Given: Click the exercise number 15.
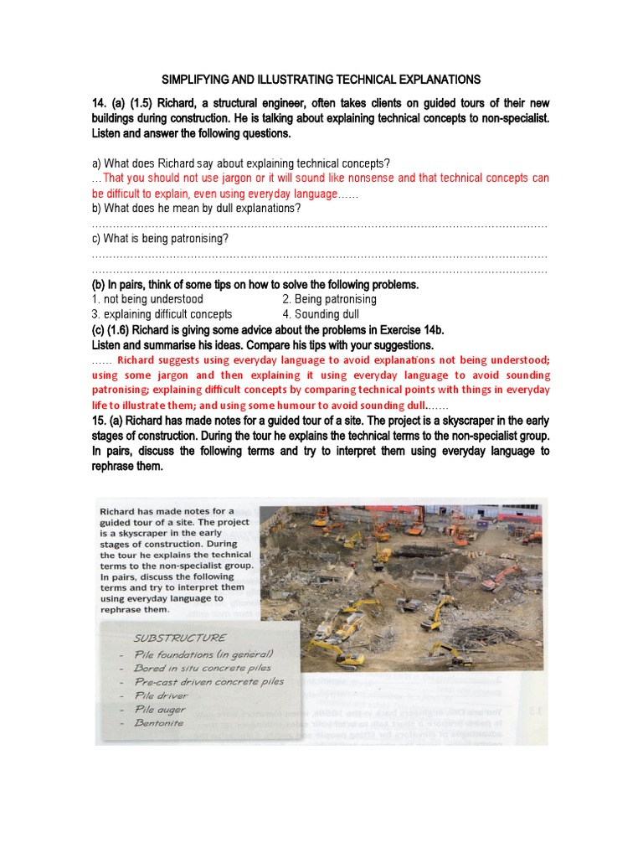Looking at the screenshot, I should pos(100,421).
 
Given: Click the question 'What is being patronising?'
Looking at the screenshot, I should pos(160,239).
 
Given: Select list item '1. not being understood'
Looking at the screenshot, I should pos(147,299).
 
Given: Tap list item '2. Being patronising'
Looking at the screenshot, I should pos(329,299).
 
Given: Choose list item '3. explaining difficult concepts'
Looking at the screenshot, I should pos(162,314).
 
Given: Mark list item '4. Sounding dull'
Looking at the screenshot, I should pos(321,314).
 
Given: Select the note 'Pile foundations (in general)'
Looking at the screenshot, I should pos(203,654).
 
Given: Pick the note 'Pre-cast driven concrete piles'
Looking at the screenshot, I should pos(208,681).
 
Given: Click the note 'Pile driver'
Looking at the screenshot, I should pos(161,695).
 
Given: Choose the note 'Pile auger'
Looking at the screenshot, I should pos(160,709).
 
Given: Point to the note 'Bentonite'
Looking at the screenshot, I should pos(158,722).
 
